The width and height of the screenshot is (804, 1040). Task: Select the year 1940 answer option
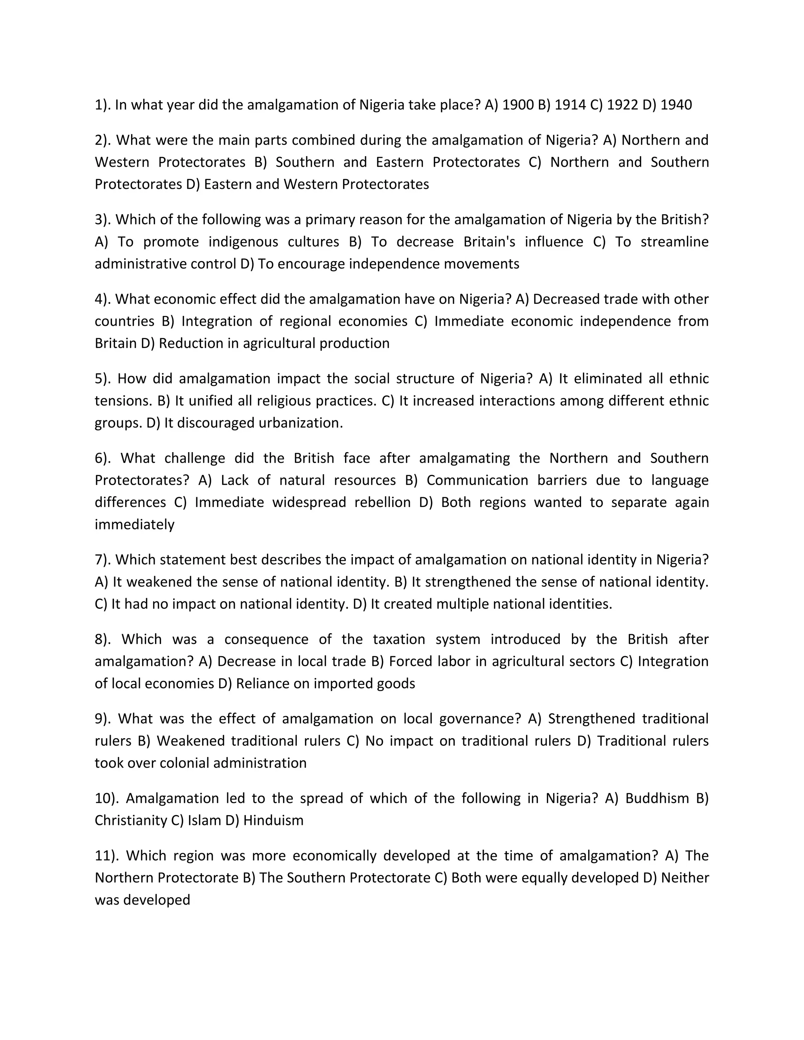point(676,105)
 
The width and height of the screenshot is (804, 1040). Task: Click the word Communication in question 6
point(477,480)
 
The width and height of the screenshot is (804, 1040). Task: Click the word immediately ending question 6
point(135,524)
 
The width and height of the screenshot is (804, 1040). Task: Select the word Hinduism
point(273,821)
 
